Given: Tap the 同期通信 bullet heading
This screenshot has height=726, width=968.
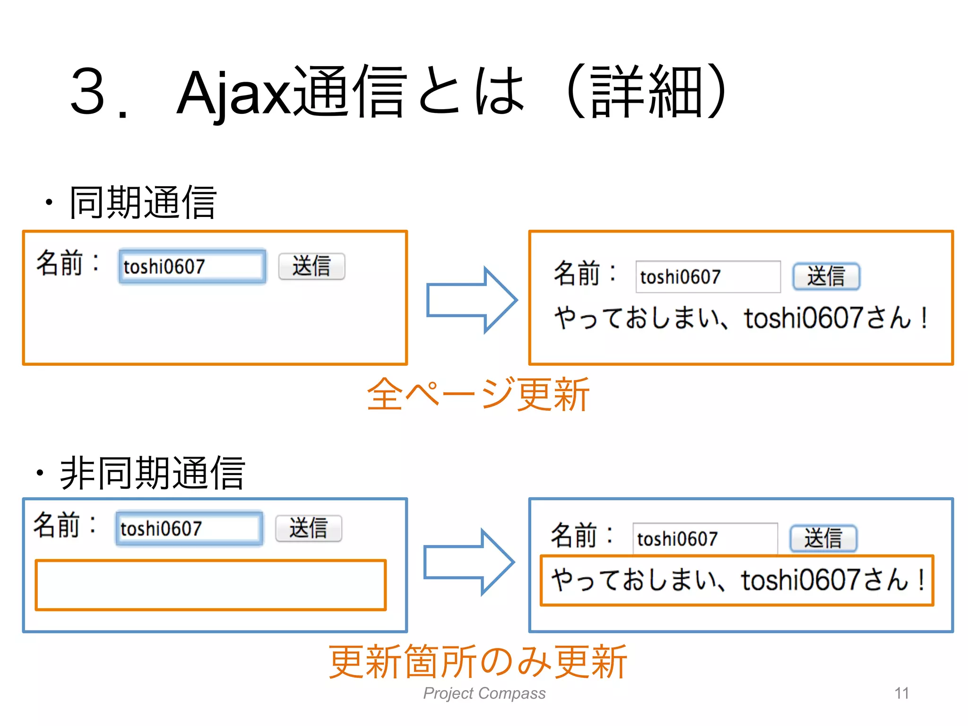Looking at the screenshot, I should pyautogui.click(x=143, y=202).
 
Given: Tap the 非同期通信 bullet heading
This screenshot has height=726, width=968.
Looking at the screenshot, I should pyautogui.click(x=152, y=473).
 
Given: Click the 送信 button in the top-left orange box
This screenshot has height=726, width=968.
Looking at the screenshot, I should pyautogui.click(x=311, y=267).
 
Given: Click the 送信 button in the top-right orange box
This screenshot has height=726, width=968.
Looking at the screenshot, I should pyautogui.click(x=826, y=277).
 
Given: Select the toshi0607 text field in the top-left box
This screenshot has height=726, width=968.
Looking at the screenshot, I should pyautogui.click(x=192, y=267).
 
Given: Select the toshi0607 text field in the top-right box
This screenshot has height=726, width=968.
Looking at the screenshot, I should pyautogui.click(x=708, y=277).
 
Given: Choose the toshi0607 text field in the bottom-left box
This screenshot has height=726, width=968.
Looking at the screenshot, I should pyautogui.click(x=189, y=528).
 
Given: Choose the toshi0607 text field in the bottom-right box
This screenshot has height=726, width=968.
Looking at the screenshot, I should pyautogui.click(x=705, y=539).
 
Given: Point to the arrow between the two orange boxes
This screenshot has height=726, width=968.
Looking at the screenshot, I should pyautogui.click(x=471, y=300).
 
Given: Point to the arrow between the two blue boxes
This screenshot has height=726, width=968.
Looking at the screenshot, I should pyautogui.click(x=468, y=562).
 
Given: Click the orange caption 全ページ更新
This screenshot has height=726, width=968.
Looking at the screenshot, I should pyautogui.click(x=478, y=394).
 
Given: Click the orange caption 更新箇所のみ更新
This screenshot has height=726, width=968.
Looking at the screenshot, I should pyautogui.click(x=478, y=662).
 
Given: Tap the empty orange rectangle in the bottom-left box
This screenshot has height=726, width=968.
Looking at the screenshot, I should pyautogui.click(x=211, y=585).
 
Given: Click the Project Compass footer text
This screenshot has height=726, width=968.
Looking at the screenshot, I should pyautogui.click(x=484, y=693).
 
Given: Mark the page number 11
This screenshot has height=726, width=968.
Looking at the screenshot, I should pyautogui.click(x=901, y=693).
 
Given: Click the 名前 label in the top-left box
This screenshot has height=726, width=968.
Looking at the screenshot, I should pyautogui.click(x=60, y=263).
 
